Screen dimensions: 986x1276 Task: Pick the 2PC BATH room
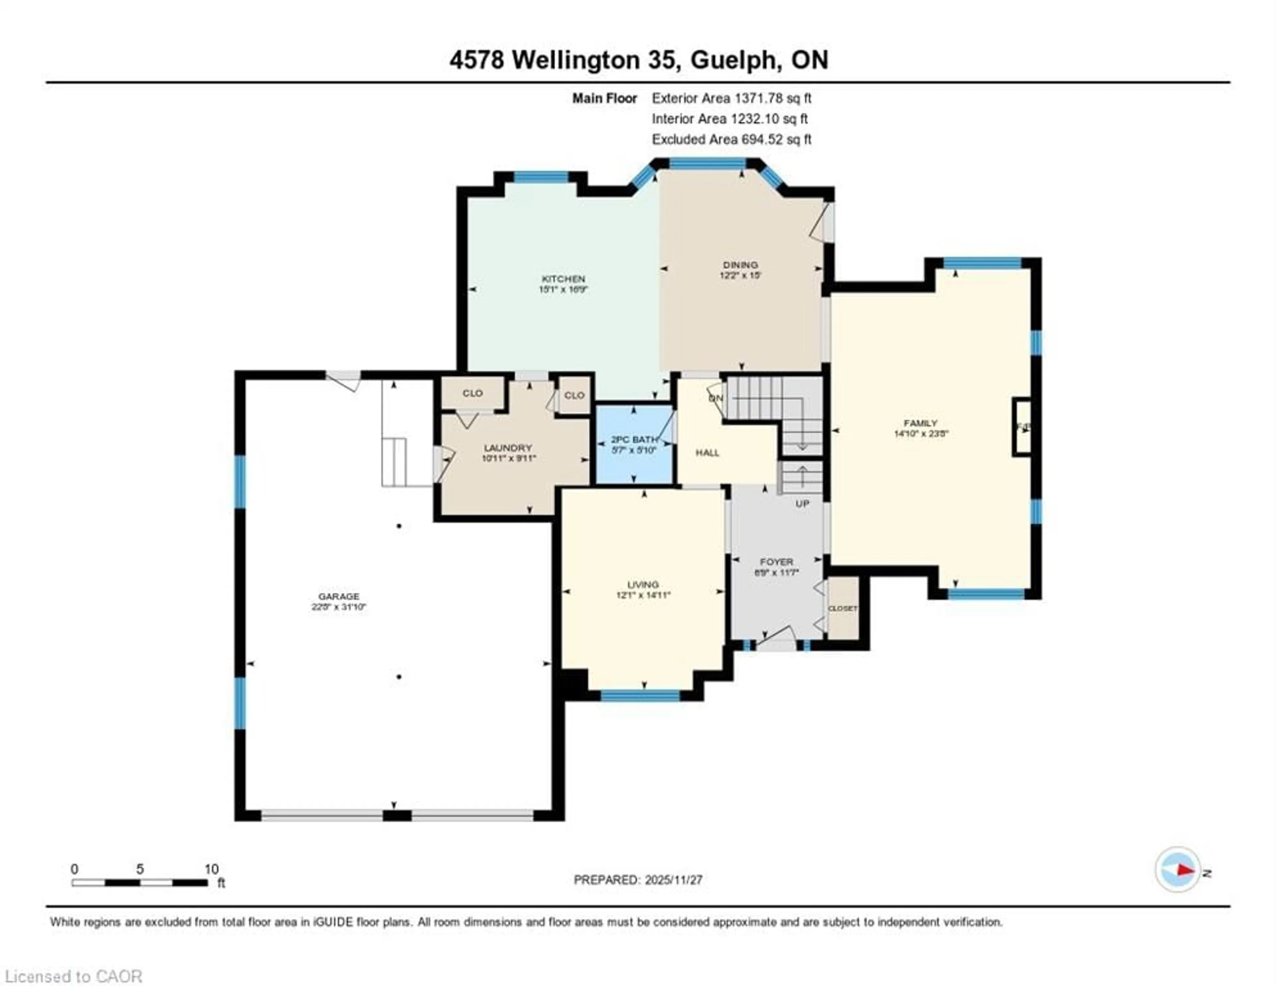tap(634, 444)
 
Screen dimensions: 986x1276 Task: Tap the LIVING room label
tap(643, 585)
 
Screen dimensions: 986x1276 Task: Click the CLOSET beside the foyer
tap(842, 608)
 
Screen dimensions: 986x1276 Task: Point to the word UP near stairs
tap(802, 503)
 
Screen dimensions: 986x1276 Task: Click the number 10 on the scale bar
tap(211, 869)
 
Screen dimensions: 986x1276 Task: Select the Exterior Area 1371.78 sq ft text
tap(731, 98)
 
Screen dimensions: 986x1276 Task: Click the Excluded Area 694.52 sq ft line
tap(731, 140)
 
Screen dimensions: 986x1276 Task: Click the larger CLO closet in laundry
tap(472, 393)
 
